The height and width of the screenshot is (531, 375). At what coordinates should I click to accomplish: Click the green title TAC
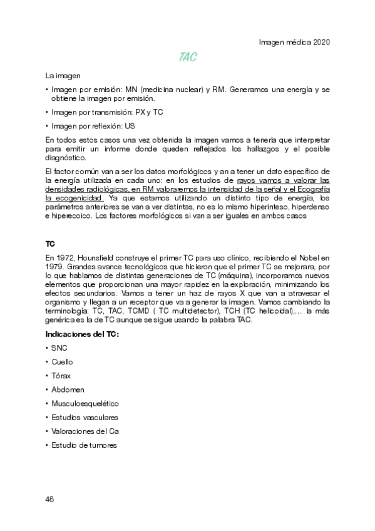pyautogui.click(x=188, y=58)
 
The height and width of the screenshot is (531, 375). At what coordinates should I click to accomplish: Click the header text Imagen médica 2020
pyautogui.click(x=294, y=42)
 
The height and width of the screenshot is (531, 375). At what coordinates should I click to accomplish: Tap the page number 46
pyautogui.click(x=50, y=499)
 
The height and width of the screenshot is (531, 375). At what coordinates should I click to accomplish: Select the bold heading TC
pyautogui.click(x=50, y=243)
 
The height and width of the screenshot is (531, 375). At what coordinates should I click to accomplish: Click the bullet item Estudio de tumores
pyautogui.click(x=84, y=445)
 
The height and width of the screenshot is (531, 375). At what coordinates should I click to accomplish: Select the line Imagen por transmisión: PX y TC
pyautogui.click(x=106, y=112)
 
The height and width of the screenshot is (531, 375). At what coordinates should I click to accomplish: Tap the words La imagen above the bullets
pyautogui.click(x=63, y=76)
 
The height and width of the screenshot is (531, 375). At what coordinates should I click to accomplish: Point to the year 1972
pyautogui.click(x=64, y=257)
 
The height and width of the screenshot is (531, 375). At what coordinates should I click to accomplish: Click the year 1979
pyautogui.click(x=54, y=265)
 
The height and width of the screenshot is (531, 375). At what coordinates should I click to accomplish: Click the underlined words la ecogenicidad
pyautogui.click(x=74, y=198)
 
